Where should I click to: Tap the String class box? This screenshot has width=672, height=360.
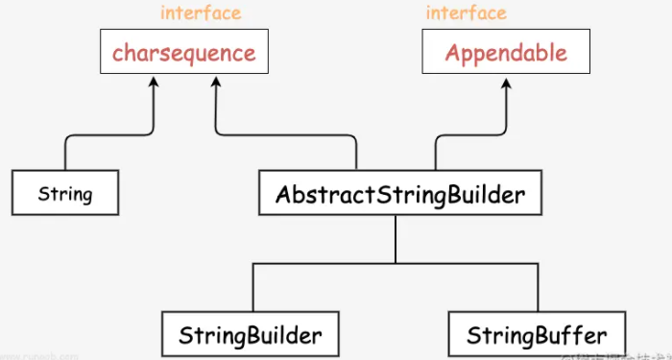pos(65,194)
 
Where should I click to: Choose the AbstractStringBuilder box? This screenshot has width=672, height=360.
pos(399,195)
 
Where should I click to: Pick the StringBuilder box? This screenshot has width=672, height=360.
pos(250,336)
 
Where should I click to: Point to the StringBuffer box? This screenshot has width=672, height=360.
pos(537,336)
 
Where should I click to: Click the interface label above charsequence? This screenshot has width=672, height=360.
pos(201,12)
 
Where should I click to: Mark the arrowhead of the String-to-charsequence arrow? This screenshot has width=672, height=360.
pos(153,84)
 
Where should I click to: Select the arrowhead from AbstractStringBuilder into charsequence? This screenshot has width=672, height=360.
pos(217,84)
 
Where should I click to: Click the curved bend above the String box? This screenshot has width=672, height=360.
pos(70,143)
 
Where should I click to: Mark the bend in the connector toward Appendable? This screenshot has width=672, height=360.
pos(442,139)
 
